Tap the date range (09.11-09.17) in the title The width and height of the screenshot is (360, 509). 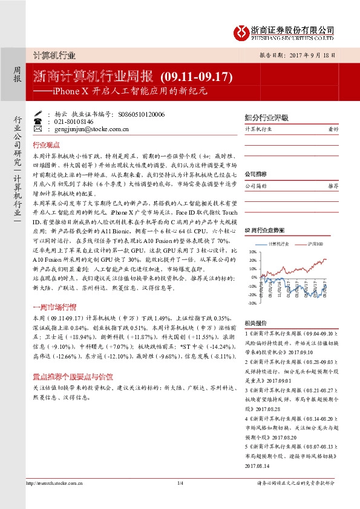pos(197,77)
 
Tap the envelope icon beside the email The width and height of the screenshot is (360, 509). pos(38,129)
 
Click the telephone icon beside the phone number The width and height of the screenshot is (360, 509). pos(38,121)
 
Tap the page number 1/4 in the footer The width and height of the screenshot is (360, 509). pos(180,482)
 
